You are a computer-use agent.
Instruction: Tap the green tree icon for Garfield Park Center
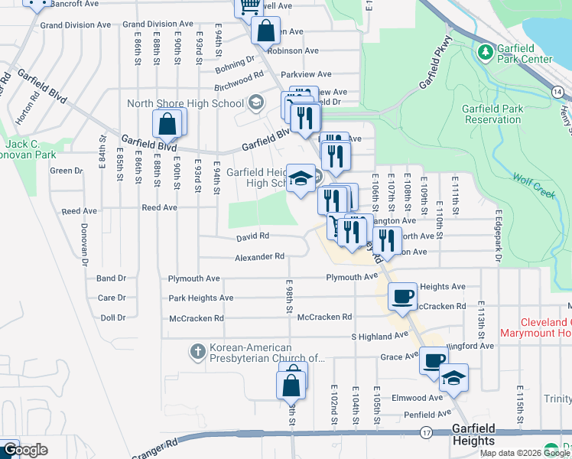[484, 52]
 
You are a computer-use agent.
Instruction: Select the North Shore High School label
[186, 104]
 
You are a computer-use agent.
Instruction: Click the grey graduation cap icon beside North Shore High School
[255, 103]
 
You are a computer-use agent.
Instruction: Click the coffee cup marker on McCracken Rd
[403, 296]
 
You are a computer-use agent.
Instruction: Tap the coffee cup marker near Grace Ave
[434, 360]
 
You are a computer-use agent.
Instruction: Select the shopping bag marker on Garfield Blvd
[169, 123]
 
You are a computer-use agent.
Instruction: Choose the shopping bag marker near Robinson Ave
[265, 32]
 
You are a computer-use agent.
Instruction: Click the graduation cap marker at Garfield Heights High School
[301, 178]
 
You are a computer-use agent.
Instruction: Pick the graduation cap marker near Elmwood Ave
[453, 377]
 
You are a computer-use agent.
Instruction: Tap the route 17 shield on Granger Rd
[426, 433]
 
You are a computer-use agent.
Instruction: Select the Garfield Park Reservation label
[492, 114]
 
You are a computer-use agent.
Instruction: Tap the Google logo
[24, 450]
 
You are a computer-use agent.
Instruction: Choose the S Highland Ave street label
[375, 337]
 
